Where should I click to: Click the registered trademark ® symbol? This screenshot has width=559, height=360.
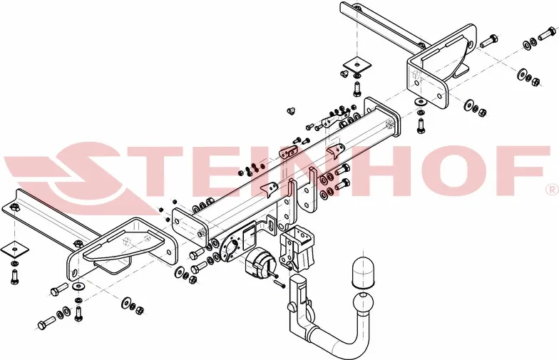click(550, 190)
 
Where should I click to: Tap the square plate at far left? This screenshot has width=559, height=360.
click(14, 250)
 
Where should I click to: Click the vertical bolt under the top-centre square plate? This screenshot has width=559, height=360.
click(356, 89)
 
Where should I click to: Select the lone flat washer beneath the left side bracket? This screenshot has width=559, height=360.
click(78, 286)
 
